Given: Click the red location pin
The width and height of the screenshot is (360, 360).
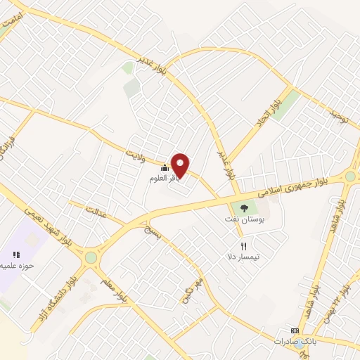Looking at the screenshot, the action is click(x=181, y=165).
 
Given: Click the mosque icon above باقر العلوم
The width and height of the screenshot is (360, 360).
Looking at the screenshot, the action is click(x=165, y=167).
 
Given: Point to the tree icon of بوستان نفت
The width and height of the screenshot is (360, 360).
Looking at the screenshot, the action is click(x=244, y=208).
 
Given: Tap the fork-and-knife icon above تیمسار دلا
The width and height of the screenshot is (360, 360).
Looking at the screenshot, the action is click(x=244, y=246).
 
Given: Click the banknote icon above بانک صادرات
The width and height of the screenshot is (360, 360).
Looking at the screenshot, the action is click(x=295, y=330).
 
